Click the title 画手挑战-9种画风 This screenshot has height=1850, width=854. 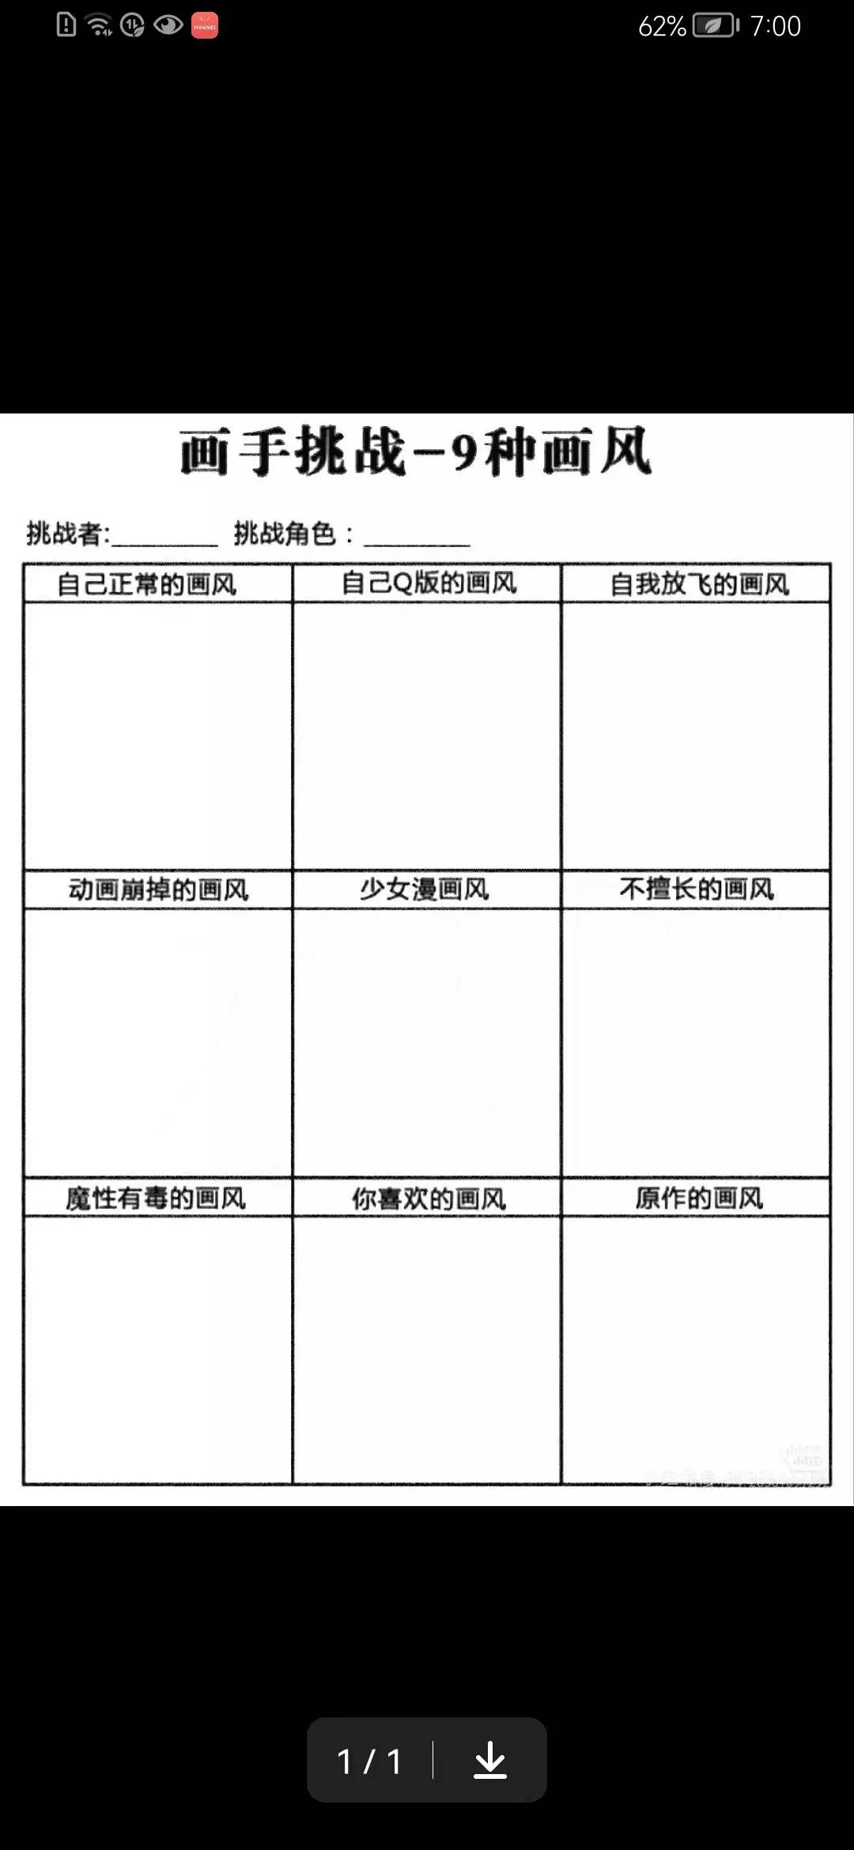click(416, 452)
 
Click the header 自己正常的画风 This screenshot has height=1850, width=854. click(147, 584)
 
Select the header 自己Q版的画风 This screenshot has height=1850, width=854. click(429, 583)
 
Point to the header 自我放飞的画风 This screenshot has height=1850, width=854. click(699, 584)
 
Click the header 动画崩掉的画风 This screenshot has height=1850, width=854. click(158, 889)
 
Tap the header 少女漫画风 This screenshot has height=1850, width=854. click(425, 889)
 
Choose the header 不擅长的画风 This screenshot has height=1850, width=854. click(697, 889)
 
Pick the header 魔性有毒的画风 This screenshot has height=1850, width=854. click(156, 1199)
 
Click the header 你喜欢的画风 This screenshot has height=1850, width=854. click(429, 1199)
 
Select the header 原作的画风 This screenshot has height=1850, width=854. click(699, 1199)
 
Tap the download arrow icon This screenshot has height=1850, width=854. click(490, 1761)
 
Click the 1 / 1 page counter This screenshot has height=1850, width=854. click(369, 1761)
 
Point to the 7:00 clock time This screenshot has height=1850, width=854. click(775, 26)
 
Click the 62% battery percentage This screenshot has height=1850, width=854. click(662, 26)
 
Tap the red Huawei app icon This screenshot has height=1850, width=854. click(205, 25)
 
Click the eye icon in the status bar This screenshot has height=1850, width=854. click(168, 25)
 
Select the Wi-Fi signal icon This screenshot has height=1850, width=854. click(99, 25)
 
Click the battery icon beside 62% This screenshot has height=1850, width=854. click(715, 26)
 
